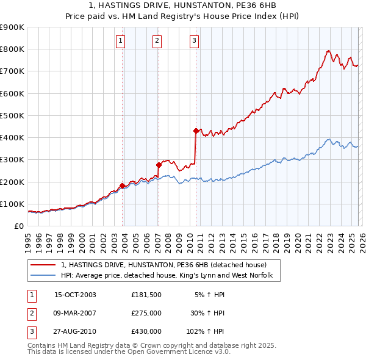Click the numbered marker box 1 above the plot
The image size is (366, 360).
pos(121,41)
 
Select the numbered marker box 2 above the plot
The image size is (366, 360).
pos(157,41)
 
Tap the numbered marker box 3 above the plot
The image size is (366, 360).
pos(194,41)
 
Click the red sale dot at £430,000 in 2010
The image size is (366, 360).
pos(196,131)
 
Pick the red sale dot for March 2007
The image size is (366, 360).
pos(159,165)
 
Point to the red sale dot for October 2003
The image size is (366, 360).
pos(122,185)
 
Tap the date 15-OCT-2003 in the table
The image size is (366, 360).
pos(75,295)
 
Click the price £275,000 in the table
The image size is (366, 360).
pos(146,313)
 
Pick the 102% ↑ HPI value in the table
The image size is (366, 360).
pos(206,331)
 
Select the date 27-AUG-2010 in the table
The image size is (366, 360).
pos(75,331)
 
